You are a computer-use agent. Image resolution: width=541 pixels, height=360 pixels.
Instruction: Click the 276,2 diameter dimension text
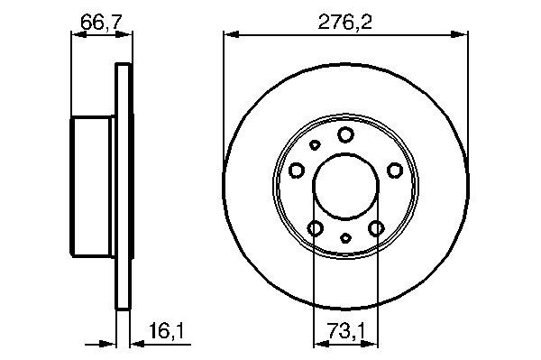[x=345, y=23]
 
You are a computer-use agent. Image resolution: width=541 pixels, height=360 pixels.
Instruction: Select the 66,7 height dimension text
[x=101, y=23]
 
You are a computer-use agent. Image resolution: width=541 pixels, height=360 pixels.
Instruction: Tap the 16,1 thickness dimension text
[x=167, y=330]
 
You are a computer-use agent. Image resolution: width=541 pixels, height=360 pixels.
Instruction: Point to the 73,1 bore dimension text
[x=346, y=330]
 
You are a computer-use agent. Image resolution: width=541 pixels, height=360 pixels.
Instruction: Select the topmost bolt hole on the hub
[x=345, y=134]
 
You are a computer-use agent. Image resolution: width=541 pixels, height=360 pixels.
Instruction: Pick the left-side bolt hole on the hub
[x=297, y=171]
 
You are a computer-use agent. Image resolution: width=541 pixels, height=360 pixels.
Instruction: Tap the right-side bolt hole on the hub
[x=395, y=171]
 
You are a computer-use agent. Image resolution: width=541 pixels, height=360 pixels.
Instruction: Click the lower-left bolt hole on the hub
[x=315, y=228]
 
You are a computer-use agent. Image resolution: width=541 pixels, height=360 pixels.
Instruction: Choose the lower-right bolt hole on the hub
[x=376, y=228]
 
